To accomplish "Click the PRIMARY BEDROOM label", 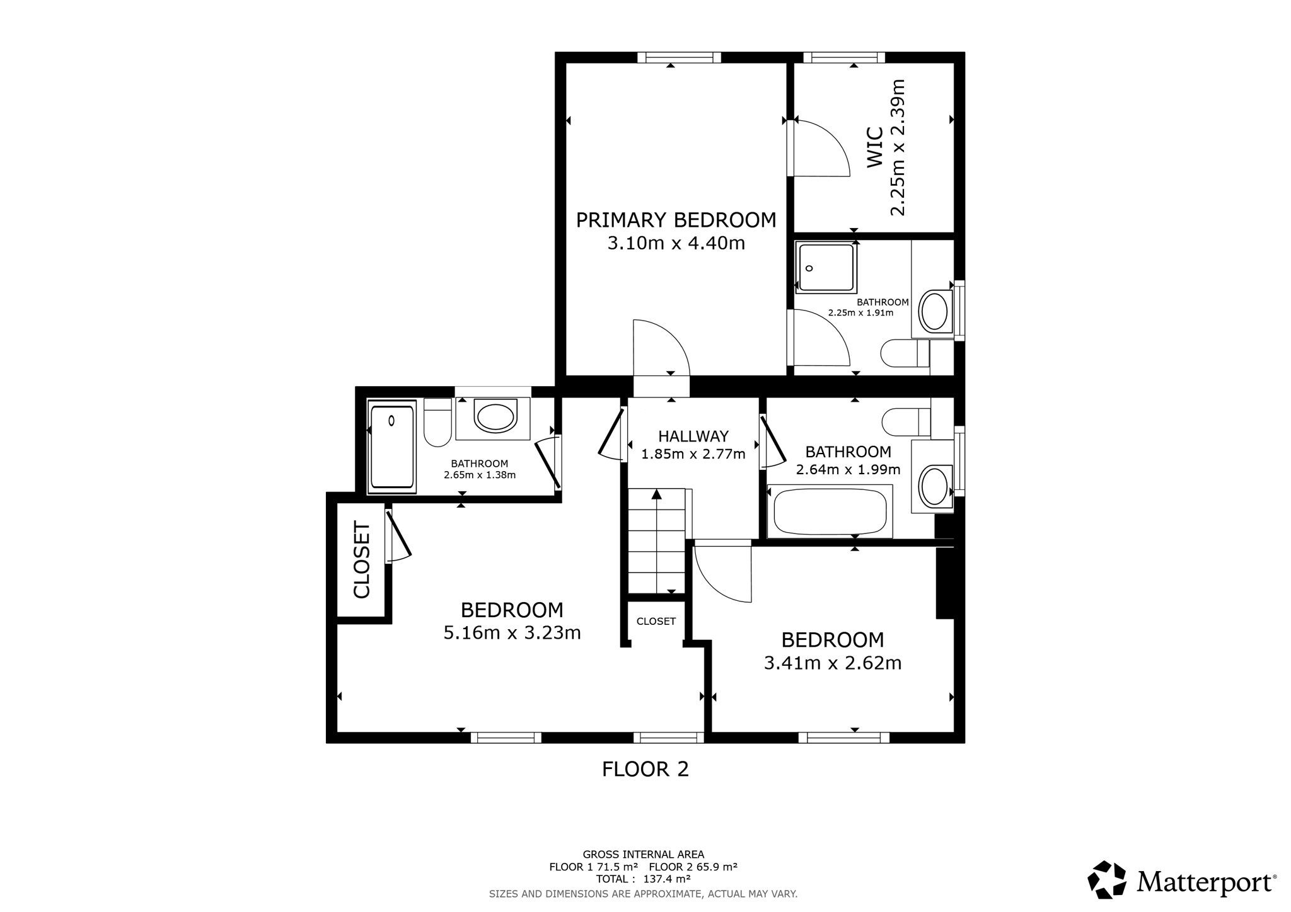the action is coord(676,220).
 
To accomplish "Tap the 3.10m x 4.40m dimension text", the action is coord(676,243).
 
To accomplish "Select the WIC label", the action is coord(874,147).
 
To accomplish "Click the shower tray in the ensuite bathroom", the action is coord(826,268).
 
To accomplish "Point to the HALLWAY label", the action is coord(693,436).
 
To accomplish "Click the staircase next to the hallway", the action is coord(656,540).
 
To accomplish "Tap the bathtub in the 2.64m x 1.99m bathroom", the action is coord(830,511).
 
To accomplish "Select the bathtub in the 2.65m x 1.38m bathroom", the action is coord(392,447).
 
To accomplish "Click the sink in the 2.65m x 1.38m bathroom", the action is coord(495,417).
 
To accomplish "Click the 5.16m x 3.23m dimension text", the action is coord(512,632).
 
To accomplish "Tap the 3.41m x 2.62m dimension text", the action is coord(833,663).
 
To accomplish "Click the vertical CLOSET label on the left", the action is coord(361,559).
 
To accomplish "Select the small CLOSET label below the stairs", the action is coord(656,621).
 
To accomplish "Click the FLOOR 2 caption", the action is coord(645,769).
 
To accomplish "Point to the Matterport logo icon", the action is coord(1107,879).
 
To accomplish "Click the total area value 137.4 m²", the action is coord(666,879).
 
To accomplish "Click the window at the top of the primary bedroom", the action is coord(679,57).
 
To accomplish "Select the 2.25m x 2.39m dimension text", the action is coord(897,147).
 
